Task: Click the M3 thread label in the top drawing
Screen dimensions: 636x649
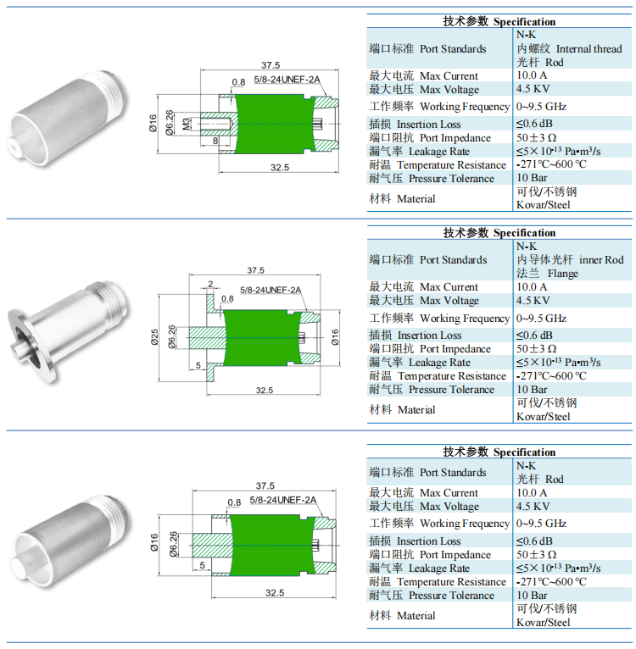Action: tap(187, 124)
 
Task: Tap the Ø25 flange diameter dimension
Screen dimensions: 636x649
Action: tap(154, 337)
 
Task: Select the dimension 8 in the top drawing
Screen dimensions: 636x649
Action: tap(215, 141)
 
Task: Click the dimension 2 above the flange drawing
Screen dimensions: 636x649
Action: tap(210, 284)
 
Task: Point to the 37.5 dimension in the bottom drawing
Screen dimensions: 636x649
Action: tap(265, 485)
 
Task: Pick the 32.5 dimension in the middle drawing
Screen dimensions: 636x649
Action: tap(265, 390)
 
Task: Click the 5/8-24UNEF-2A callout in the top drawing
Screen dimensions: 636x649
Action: tap(287, 80)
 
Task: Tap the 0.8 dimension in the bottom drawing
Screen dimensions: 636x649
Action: tap(234, 502)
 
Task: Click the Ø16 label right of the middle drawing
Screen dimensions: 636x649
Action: tap(335, 337)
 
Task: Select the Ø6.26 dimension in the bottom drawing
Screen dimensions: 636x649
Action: tap(173, 544)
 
